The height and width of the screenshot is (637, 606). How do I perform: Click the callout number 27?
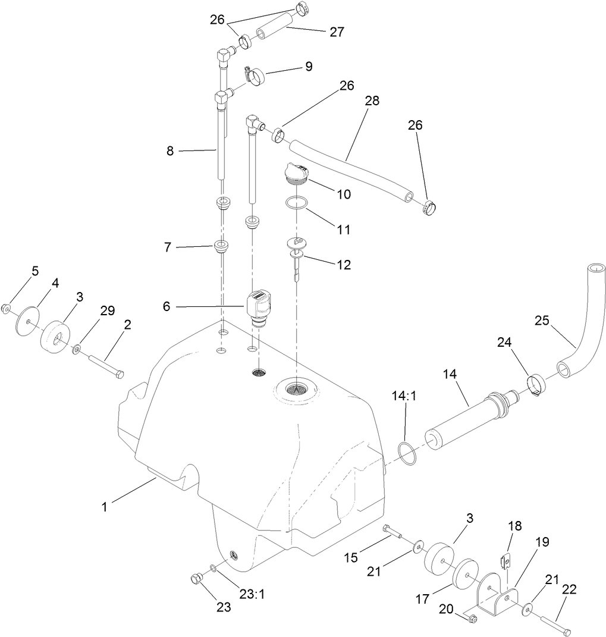[x=337, y=32]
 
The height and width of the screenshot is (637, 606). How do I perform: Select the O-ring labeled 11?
[x=296, y=203]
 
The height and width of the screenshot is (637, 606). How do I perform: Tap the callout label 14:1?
[x=404, y=396]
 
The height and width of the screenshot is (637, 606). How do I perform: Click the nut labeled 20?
[x=472, y=619]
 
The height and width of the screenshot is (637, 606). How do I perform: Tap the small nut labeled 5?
[x=7, y=308]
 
